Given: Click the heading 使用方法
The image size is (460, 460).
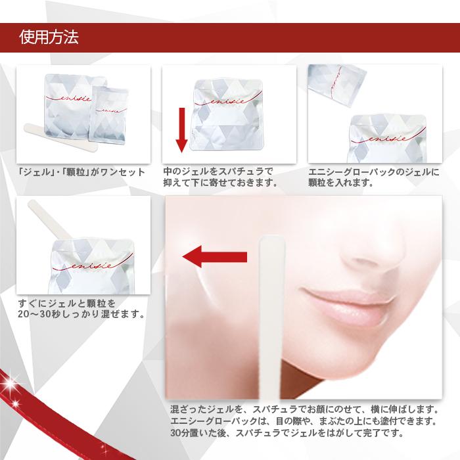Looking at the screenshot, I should coord(49,37).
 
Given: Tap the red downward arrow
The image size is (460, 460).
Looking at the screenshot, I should coord(181,128).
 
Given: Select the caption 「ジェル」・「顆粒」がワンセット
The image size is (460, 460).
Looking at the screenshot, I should coord(81,173).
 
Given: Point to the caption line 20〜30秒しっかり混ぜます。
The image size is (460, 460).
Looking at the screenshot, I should coord(82,314).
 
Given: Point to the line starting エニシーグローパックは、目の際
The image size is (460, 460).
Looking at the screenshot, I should coord(303,421).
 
